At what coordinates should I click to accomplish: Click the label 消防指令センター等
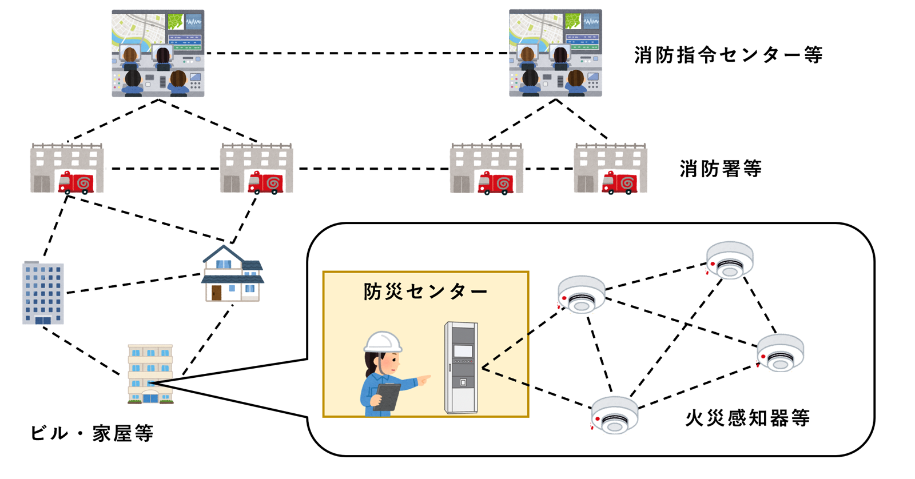pos(727,55)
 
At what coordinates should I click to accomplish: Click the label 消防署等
pos(721,169)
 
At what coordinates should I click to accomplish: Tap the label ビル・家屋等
pos(91,433)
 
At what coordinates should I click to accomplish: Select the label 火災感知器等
pos(747,418)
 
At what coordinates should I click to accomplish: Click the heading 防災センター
pos(425,292)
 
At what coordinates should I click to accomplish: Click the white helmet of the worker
pos(383,341)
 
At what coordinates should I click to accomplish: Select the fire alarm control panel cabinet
pos(462,368)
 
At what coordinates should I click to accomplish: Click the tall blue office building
pos(43,293)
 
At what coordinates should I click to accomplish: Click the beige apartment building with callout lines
pos(150,374)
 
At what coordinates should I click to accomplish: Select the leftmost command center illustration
pos(158,53)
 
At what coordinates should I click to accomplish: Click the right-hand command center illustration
pos(555,53)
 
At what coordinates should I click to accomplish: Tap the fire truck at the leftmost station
pos(77,182)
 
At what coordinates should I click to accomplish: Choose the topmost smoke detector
pos(729,260)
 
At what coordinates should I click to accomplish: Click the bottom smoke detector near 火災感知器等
pos(614,415)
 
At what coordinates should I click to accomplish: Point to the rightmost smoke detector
pos(781,353)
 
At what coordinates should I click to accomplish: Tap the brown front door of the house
pos(216,293)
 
